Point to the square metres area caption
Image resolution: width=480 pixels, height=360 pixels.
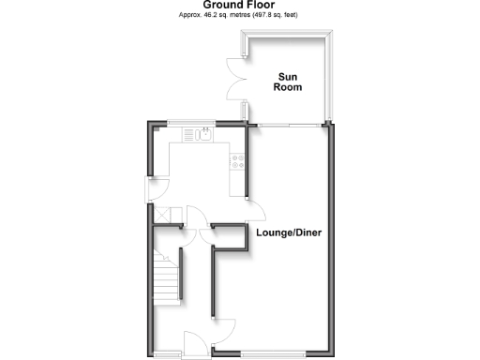pos(239,15)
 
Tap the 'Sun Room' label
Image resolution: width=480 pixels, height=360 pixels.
pos(288,81)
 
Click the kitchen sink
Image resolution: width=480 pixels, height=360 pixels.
pos(203,137)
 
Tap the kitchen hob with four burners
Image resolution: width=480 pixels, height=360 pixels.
pos(236,161)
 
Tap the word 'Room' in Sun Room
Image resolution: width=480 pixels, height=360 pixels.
pos(288,86)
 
